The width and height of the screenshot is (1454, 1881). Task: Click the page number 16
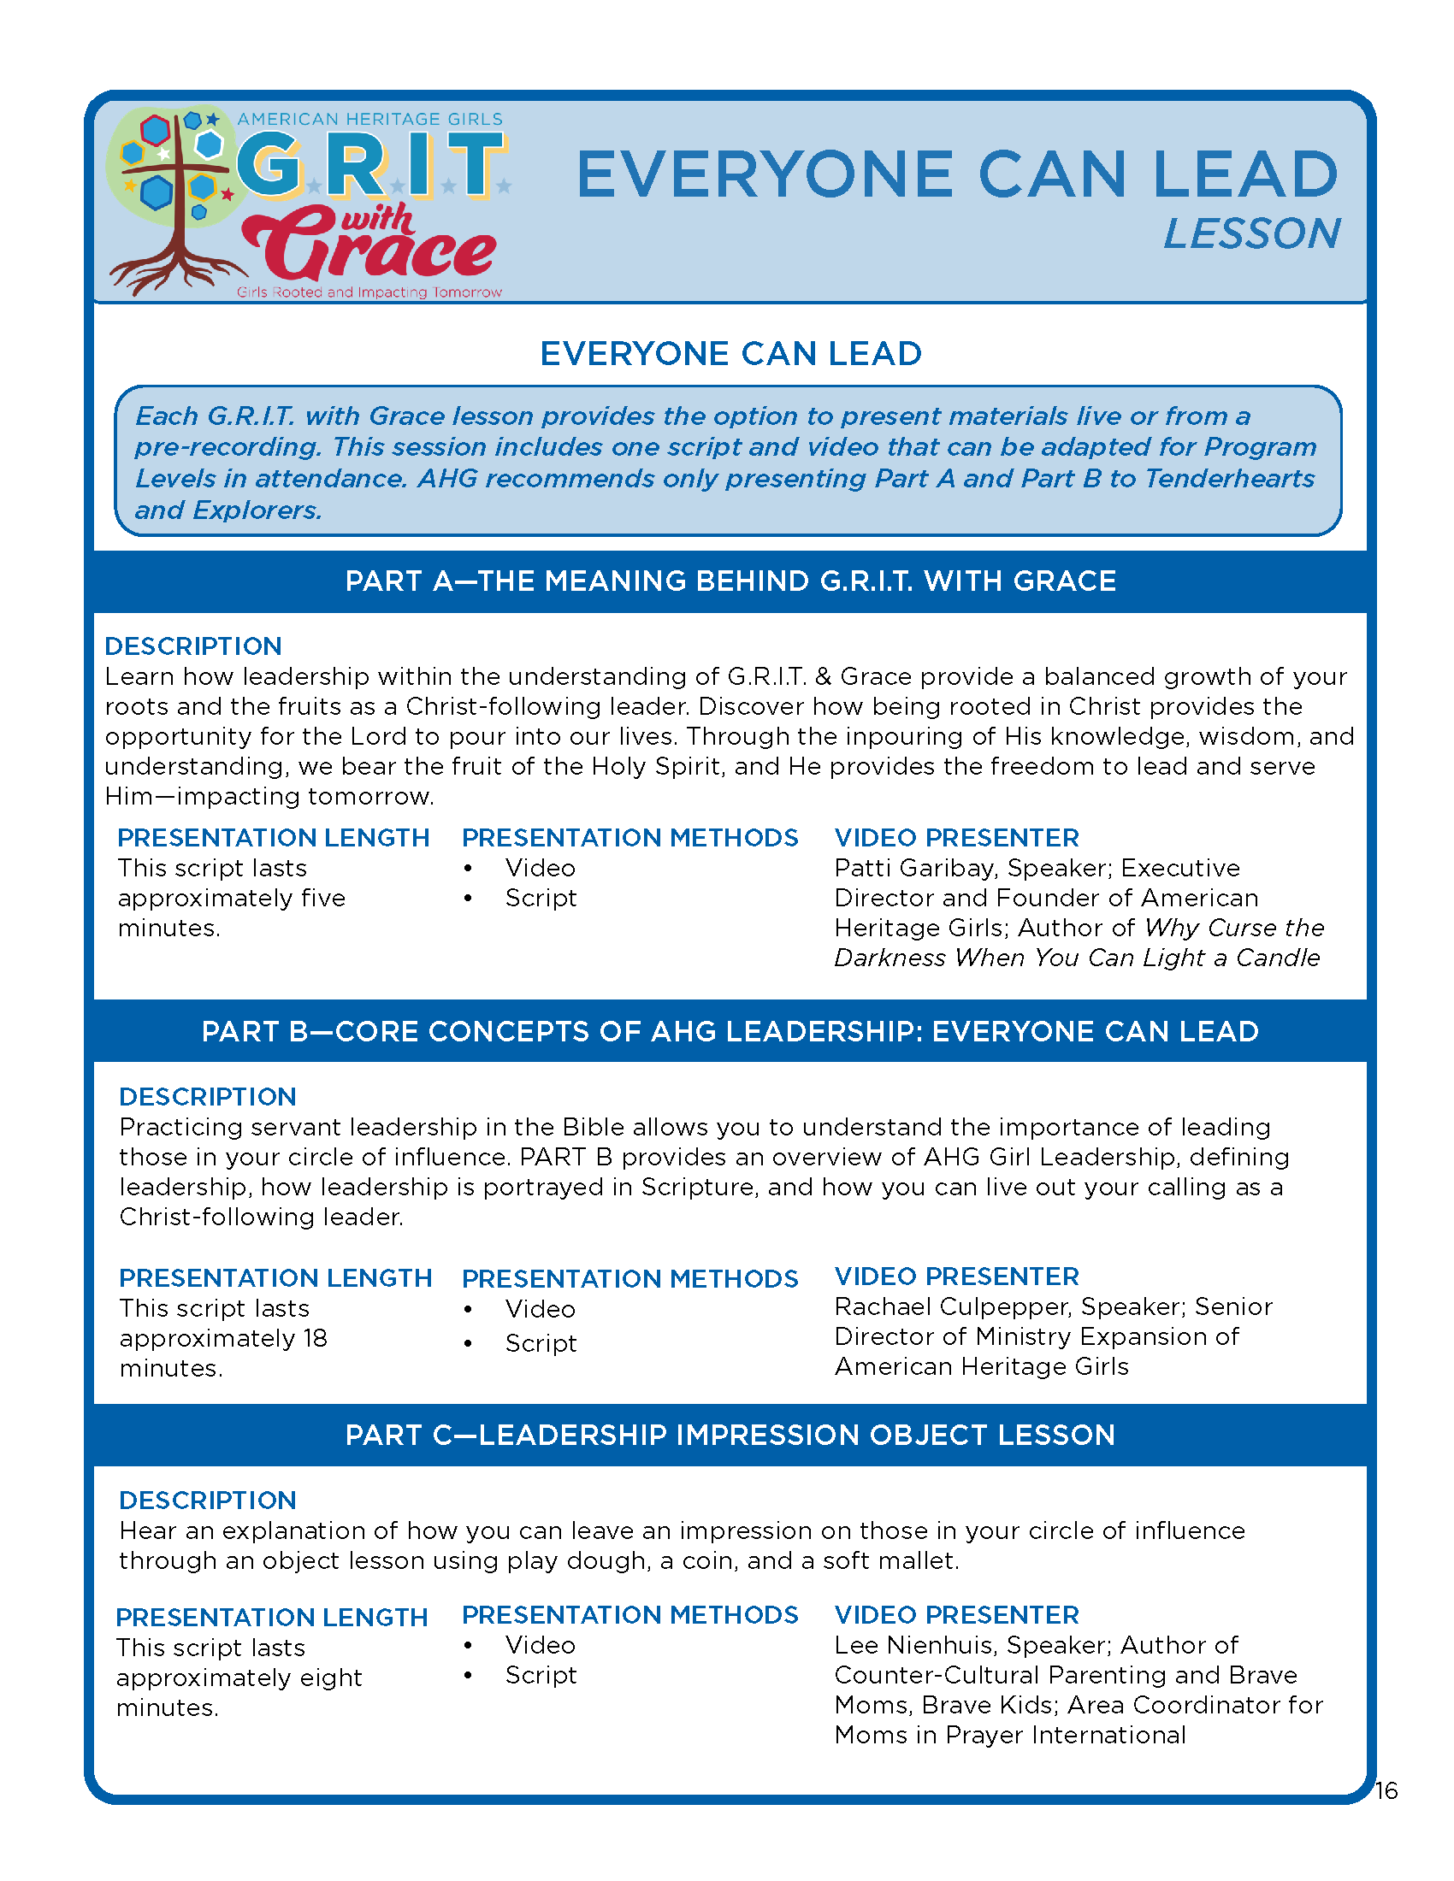point(1385,1790)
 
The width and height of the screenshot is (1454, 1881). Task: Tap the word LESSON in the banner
point(1251,234)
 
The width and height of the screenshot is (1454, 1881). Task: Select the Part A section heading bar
point(730,581)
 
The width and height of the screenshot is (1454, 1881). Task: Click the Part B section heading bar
point(730,1031)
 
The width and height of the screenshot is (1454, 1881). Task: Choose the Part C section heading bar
point(730,1435)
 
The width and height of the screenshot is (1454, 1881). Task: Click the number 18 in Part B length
point(315,1338)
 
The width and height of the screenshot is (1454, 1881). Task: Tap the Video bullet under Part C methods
point(539,1645)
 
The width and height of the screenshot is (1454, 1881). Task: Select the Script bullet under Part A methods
point(540,899)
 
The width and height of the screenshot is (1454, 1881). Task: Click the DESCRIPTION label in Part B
point(208,1096)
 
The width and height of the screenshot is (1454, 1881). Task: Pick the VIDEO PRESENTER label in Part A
point(956,838)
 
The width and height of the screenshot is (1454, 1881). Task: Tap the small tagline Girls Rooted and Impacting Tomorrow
point(369,292)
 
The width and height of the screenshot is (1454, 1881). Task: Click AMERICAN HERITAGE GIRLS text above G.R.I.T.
point(369,120)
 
